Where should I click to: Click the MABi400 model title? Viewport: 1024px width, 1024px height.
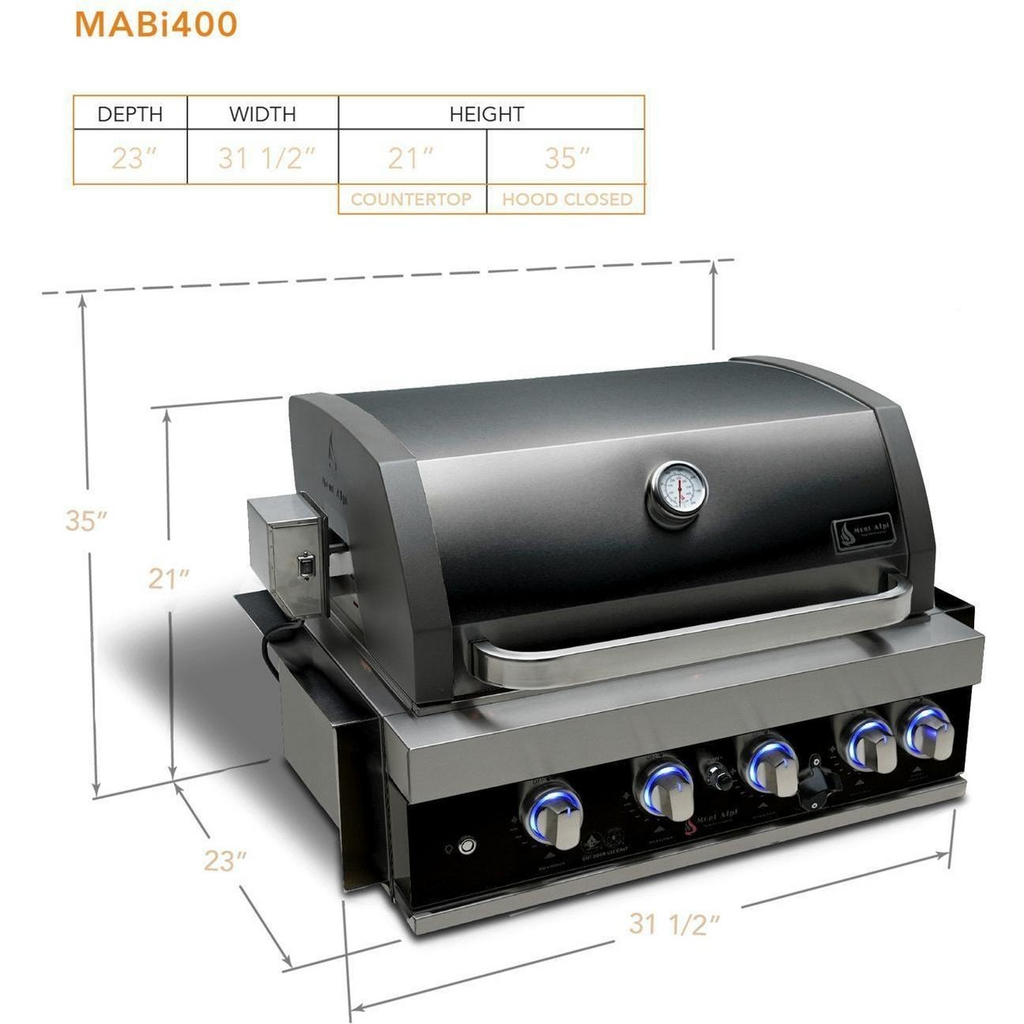[x=156, y=24]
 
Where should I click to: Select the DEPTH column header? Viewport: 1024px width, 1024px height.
[x=130, y=114]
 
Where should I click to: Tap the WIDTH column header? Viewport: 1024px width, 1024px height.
[x=262, y=114]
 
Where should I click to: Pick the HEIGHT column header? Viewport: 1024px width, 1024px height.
[x=487, y=114]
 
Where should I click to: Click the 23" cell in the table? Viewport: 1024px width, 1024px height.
[x=130, y=158]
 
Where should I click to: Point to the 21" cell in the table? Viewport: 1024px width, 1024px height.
[x=411, y=158]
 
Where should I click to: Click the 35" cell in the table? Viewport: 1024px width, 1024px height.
[x=566, y=158]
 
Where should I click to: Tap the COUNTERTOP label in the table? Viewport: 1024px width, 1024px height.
[x=411, y=200]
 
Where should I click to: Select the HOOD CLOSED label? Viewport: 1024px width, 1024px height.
[x=567, y=200]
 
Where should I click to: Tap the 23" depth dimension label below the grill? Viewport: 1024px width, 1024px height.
[x=225, y=860]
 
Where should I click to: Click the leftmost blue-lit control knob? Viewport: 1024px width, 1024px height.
[x=554, y=814]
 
